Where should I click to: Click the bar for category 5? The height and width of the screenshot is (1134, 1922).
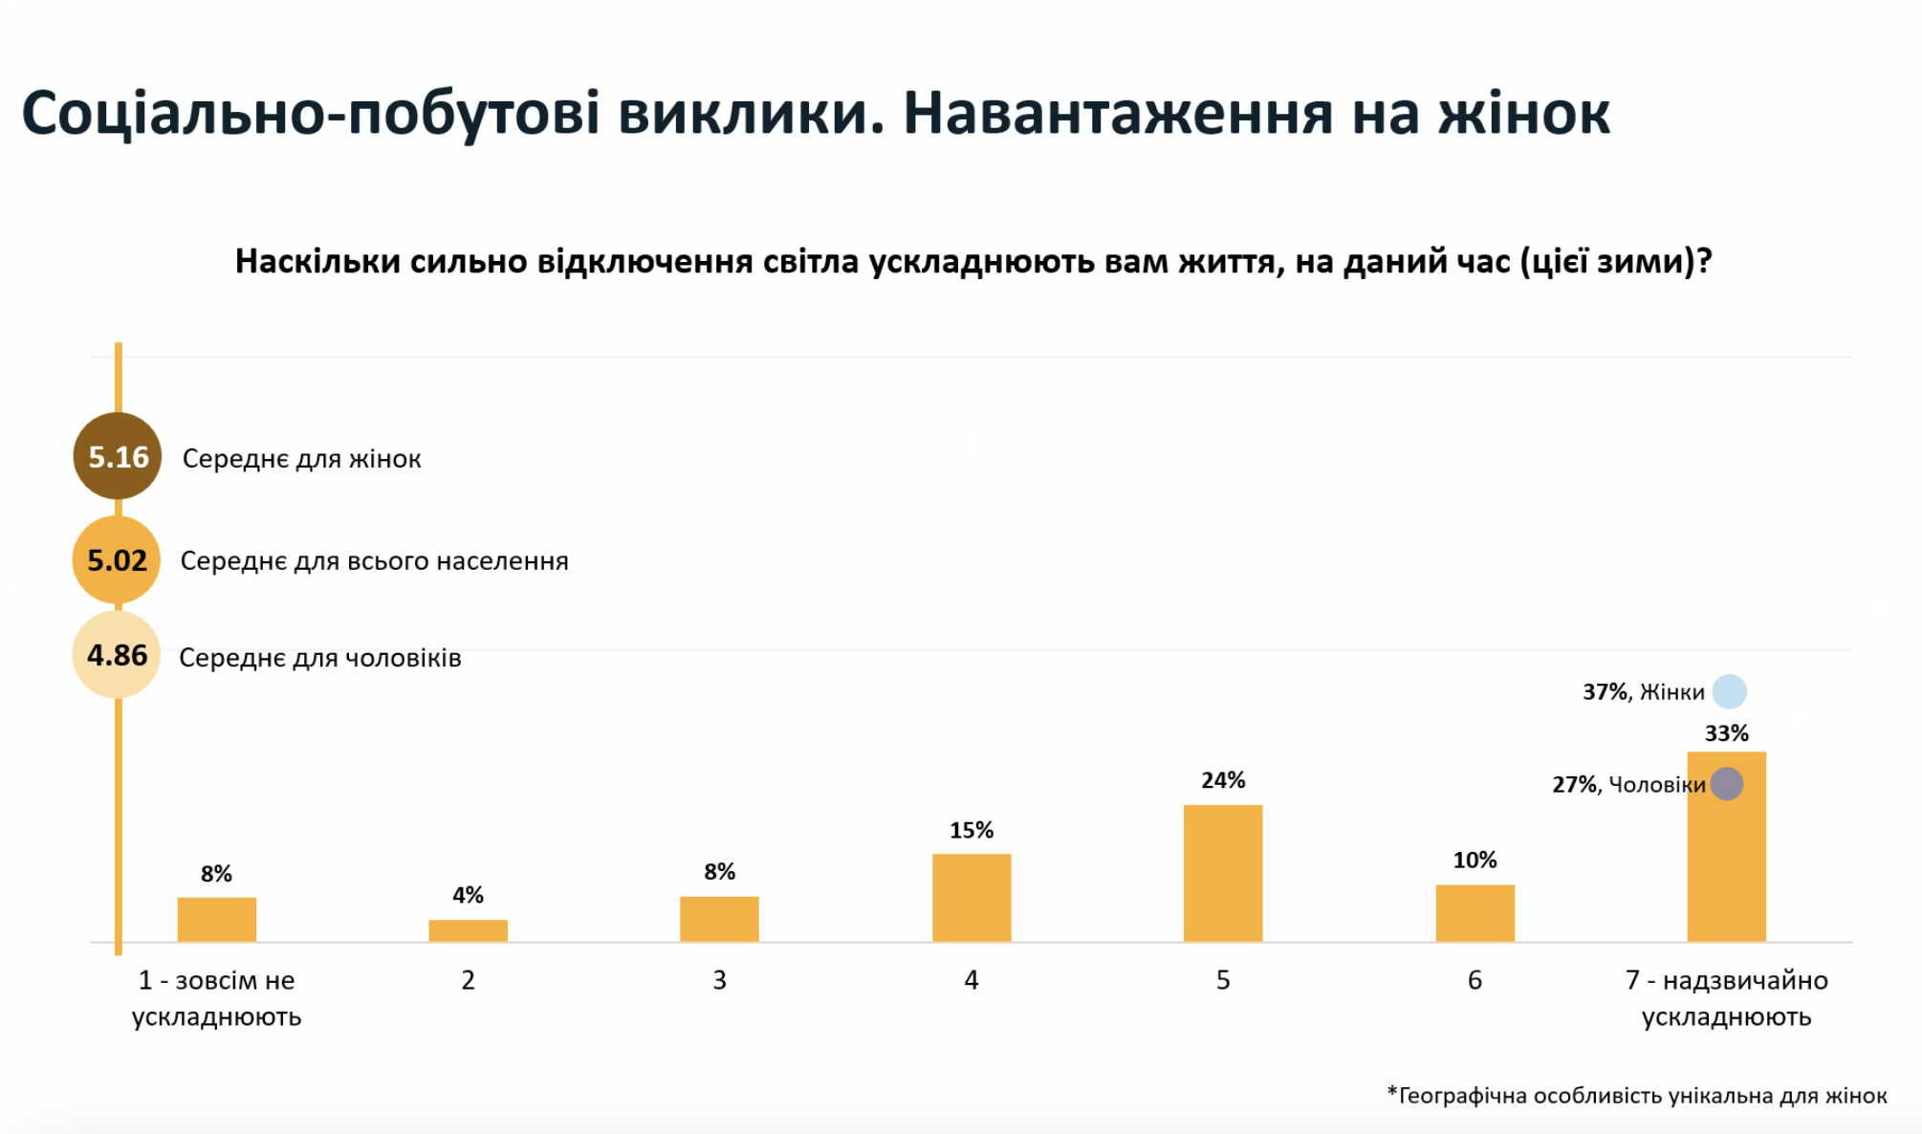(1222, 873)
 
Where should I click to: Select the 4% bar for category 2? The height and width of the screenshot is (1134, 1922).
(468, 930)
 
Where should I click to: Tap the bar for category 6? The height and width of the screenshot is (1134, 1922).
(1474, 913)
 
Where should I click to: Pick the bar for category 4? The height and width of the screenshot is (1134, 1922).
(971, 898)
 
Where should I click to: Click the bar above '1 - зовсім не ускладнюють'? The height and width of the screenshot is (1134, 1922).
(216, 919)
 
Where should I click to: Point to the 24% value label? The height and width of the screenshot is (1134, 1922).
(1223, 780)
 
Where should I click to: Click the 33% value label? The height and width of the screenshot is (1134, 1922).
(1726, 733)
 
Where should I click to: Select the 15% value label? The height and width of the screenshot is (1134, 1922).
(971, 830)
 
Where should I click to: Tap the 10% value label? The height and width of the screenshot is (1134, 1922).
(1474, 860)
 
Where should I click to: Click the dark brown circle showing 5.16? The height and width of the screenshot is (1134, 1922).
(118, 456)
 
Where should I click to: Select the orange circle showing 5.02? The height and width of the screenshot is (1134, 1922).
(117, 559)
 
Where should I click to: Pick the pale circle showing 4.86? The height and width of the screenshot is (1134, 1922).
(117, 655)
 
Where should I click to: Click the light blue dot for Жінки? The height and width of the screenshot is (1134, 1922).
(1729, 691)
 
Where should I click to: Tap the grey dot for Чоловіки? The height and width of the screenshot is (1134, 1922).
(1726, 784)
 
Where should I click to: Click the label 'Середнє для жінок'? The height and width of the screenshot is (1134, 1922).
(301, 459)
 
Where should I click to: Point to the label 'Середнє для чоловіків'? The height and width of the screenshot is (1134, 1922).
(319, 658)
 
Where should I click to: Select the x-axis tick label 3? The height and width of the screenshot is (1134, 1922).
(719, 980)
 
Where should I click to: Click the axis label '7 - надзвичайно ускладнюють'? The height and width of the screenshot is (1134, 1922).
(1726, 997)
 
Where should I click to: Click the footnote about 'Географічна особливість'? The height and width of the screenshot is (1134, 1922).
(1637, 1096)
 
